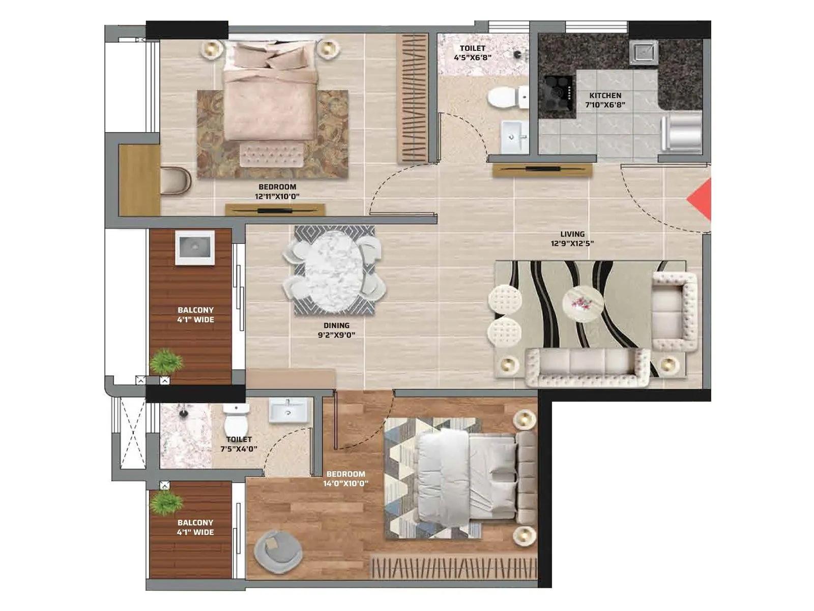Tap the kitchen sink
pyautogui.click(x=644, y=52)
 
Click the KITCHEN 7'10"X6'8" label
pyautogui.click(x=605, y=100)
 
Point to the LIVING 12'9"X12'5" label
pyautogui.click(x=572, y=239)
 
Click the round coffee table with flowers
pyautogui.click(x=583, y=303)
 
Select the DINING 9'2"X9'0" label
pyautogui.click(x=336, y=330)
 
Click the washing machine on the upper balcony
pyautogui.click(x=195, y=247)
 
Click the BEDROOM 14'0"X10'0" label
pyautogui.click(x=345, y=479)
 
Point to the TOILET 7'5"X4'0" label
pyautogui.click(x=239, y=444)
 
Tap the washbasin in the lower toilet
pyautogui.click(x=288, y=410)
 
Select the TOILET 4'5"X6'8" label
pyautogui.click(x=473, y=53)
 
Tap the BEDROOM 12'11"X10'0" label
pyautogui.click(x=277, y=191)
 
